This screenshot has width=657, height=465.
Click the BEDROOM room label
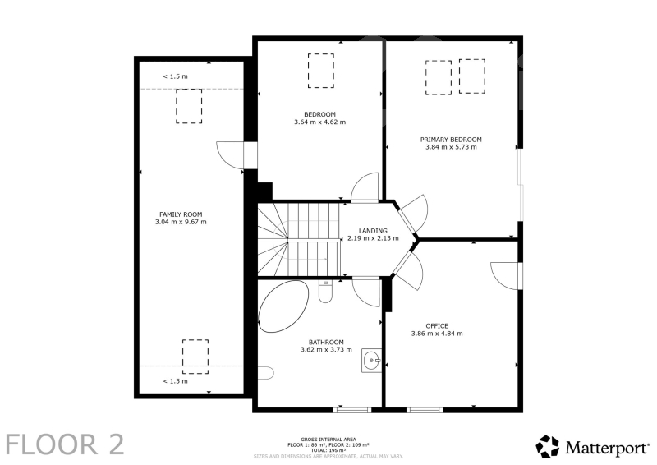coord(319,114)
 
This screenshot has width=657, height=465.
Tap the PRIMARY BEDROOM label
coord(451,139)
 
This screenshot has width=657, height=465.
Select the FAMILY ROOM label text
coord(181,214)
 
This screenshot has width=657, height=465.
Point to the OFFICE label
coord(437,326)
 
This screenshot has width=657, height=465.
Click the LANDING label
coord(373,231)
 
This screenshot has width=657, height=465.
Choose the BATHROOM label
coord(326,342)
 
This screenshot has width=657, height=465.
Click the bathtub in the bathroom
coord(283,306)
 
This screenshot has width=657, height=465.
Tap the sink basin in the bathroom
coord(371,360)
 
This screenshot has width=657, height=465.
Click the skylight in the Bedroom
coord(321,71)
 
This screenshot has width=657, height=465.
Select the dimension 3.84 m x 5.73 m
coord(451,147)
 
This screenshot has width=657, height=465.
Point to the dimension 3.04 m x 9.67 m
coord(181,222)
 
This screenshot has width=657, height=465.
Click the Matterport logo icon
coord(547,447)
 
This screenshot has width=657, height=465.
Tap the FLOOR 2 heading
coord(65,444)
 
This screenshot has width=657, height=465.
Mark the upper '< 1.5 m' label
coord(175,76)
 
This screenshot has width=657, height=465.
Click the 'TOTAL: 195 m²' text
coord(328,450)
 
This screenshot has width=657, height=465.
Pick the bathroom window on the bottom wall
coord(352,410)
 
